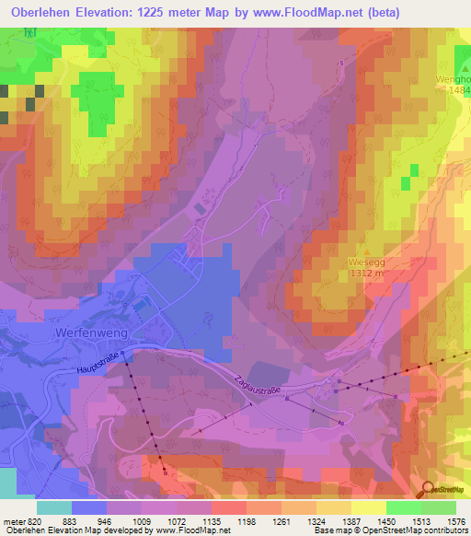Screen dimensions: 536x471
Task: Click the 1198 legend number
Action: coord(247,520)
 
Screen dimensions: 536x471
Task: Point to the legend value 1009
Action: coord(142,520)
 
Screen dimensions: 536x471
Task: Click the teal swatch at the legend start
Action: coord(53,507)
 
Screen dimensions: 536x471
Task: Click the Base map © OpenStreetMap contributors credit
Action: coord(389,531)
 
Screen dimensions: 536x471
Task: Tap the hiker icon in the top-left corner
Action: coord(32,30)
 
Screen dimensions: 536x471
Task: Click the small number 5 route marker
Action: coord(340,63)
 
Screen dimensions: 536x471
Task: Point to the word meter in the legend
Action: coord(14,520)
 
